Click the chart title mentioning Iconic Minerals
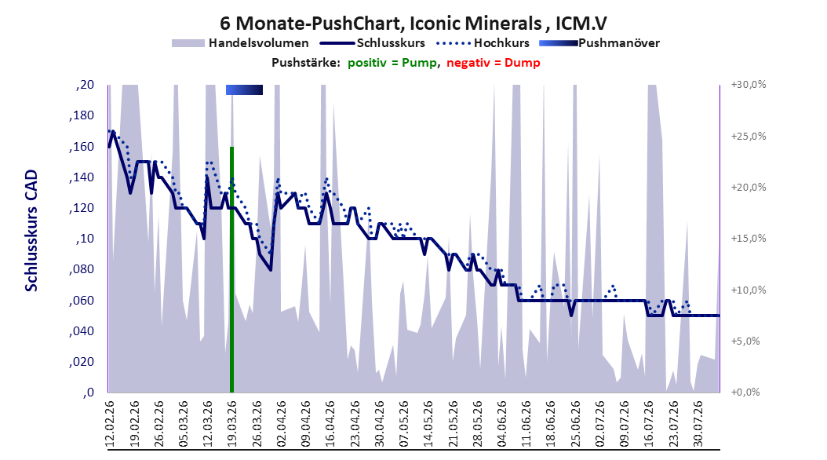pyautogui.click(x=413, y=24)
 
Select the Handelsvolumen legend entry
pyautogui.click(x=241, y=43)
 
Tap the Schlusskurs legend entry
pyautogui.click(x=374, y=43)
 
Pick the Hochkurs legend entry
pyautogui.click(x=483, y=43)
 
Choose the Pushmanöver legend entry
pyautogui.click(x=599, y=43)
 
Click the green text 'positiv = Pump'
pyautogui.click(x=392, y=63)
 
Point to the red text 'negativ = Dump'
pyautogui.click(x=494, y=63)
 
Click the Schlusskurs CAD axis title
pyautogui.click(x=31, y=231)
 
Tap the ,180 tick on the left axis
pyautogui.click(x=82, y=115)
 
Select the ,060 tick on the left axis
pyautogui.click(x=82, y=301)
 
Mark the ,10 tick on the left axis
pyautogui.click(x=85, y=239)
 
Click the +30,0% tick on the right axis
pyautogui.click(x=749, y=85)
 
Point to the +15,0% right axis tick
pyautogui.click(x=749, y=239)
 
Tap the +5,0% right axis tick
pyautogui.click(x=745, y=341)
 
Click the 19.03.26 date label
pyautogui.click(x=232, y=424)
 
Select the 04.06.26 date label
pyautogui.click(x=502, y=424)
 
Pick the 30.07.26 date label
pyautogui.click(x=698, y=424)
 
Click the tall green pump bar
pyautogui.click(x=231, y=269)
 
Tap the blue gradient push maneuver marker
pyautogui.click(x=244, y=89)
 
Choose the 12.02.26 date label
pyautogui.click(x=110, y=424)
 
